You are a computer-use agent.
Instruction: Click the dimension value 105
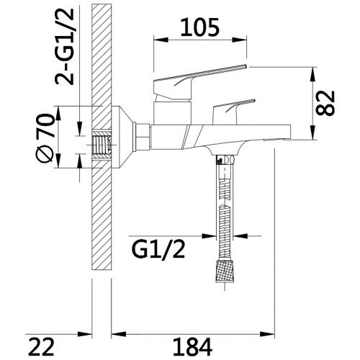pyautogui.click(x=200, y=27)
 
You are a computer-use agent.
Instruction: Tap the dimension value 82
pyautogui.click(x=325, y=103)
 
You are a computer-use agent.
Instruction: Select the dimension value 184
pyautogui.click(x=192, y=347)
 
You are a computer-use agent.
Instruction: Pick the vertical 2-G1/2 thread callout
pyautogui.click(x=64, y=48)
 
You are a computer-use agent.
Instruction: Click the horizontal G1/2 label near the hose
pyautogui.click(x=158, y=250)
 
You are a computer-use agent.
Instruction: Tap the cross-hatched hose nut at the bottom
pyautogui.click(x=225, y=271)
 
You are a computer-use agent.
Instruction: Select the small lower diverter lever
pyautogui.click(x=233, y=110)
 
